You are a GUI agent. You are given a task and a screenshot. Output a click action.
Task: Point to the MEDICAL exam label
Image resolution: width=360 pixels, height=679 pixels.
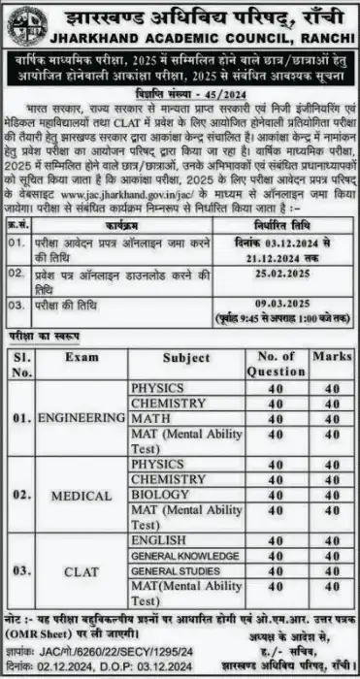[x=82, y=496]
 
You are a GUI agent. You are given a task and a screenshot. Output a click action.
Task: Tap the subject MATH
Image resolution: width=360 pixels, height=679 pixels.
[x=151, y=418]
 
